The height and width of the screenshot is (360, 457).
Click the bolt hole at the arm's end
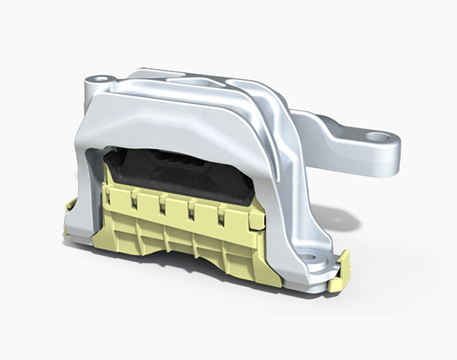379,136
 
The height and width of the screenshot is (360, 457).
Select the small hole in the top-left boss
97,81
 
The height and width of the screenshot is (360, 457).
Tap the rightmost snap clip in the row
222,216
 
